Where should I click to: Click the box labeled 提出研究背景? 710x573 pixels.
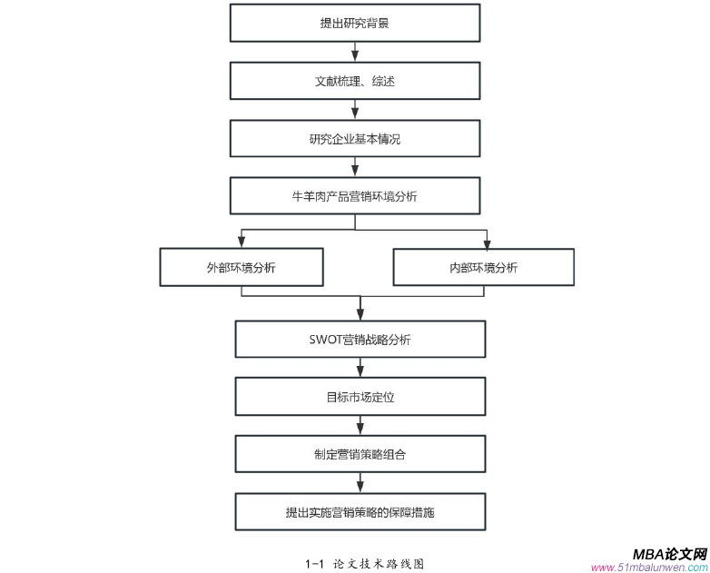[354, 23]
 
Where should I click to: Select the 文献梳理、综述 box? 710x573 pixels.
[354, 81]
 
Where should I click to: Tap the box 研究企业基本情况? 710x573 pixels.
[354, 139]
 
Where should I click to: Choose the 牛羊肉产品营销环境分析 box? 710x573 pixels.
[354, 196]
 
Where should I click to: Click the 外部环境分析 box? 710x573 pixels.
[242, 267]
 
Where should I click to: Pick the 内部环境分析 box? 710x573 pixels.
[483, 267]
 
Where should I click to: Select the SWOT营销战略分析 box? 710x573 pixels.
[360, 340]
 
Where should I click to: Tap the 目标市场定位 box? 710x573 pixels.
[360, 397]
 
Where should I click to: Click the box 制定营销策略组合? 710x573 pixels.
[360, 454]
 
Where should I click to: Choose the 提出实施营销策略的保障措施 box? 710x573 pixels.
[360, 512]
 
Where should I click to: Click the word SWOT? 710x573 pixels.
[325, 340]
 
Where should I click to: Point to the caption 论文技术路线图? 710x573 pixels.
[379, 563]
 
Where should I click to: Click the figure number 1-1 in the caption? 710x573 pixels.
[313, 563]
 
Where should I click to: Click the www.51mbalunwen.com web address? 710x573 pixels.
[648, 568]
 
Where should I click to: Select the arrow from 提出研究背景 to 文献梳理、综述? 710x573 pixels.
[354, 53]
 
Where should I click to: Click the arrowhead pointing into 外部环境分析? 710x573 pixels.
[242, 242]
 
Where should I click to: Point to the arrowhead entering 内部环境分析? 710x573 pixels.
[487, 242]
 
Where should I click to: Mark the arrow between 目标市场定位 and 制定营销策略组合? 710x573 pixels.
[360, 426]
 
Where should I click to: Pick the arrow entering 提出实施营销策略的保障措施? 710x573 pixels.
[360, 484]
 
